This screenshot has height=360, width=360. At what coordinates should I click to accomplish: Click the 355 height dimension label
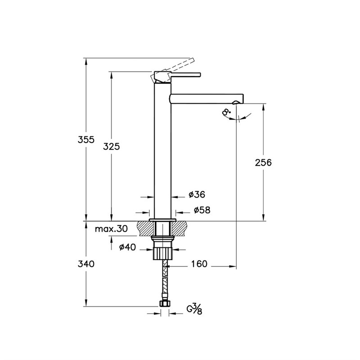86,139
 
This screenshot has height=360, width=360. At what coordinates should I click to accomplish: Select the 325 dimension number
111,147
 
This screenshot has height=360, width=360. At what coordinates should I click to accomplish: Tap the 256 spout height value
263,162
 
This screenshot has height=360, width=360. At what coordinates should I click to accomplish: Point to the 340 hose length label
86,264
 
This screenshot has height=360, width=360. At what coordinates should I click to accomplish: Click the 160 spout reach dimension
199,264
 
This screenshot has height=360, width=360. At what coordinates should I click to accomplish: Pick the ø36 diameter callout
197,194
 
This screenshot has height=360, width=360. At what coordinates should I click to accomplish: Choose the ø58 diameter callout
202,210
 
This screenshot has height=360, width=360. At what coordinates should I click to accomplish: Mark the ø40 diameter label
128,247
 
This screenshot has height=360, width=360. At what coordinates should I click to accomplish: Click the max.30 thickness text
111,229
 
